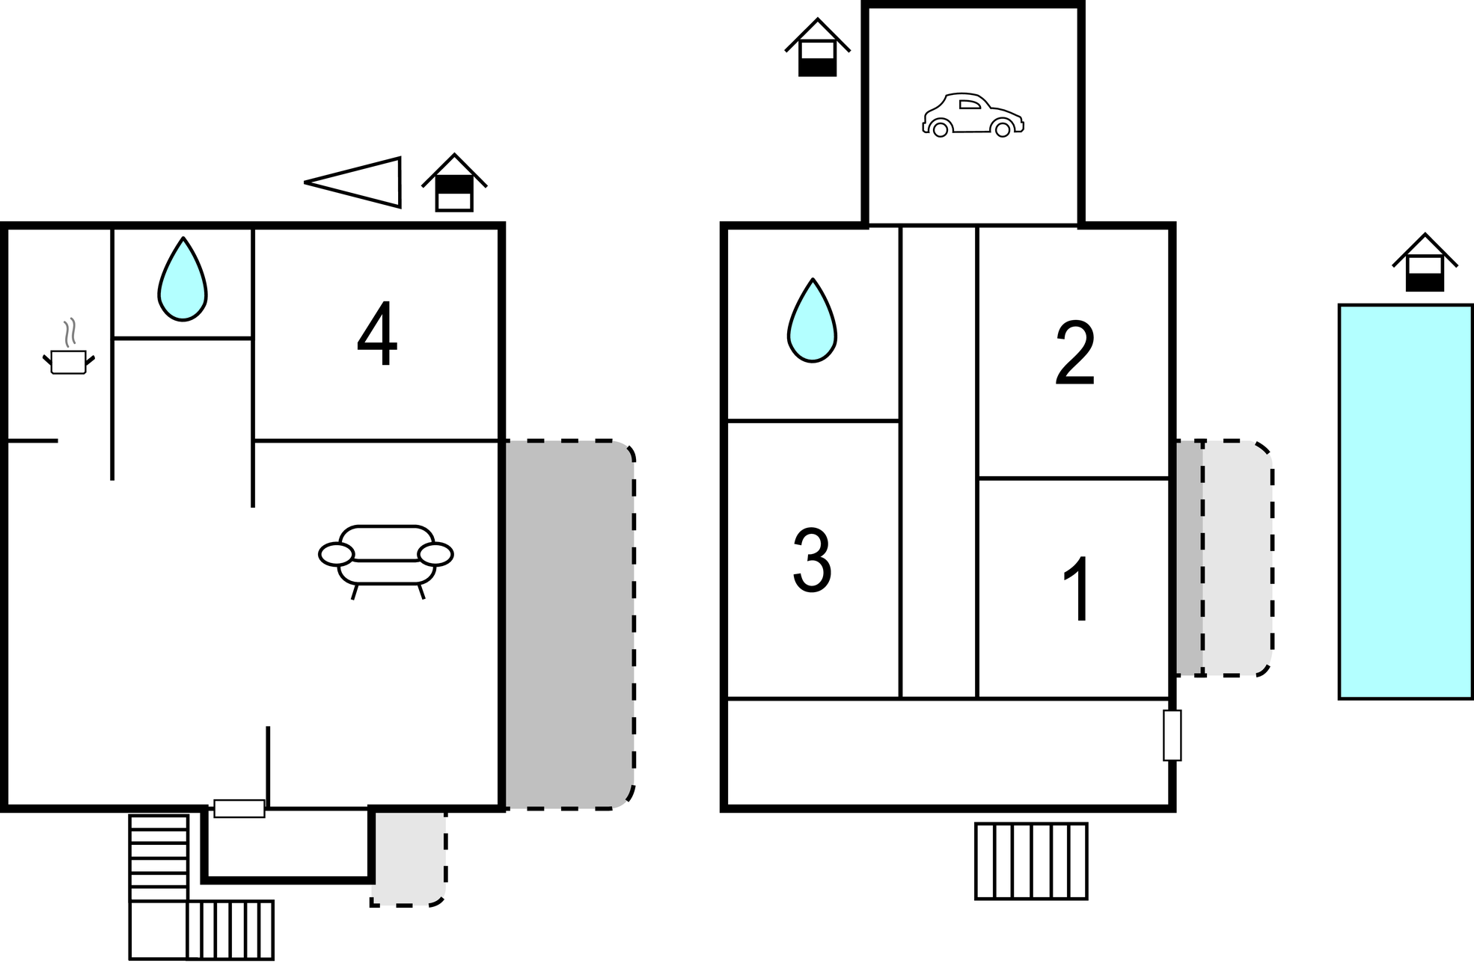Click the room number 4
point(377,334)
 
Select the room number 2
point(1075,354)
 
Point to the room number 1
point(1077,589)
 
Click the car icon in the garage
point(973,115)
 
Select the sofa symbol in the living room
point(386,562)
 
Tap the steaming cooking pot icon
point(68,348)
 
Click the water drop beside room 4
point(183,280)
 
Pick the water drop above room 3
point(812,321)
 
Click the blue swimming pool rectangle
point(1406,502)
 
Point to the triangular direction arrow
point(353,182)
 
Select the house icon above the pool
point(1425,262)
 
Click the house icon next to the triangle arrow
point(454,183)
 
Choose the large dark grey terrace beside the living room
point(569,624)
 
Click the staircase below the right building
point(1031,861)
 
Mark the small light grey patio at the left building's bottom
point(409,858)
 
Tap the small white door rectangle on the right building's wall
point(1172,735)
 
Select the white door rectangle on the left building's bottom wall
point(239,808)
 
